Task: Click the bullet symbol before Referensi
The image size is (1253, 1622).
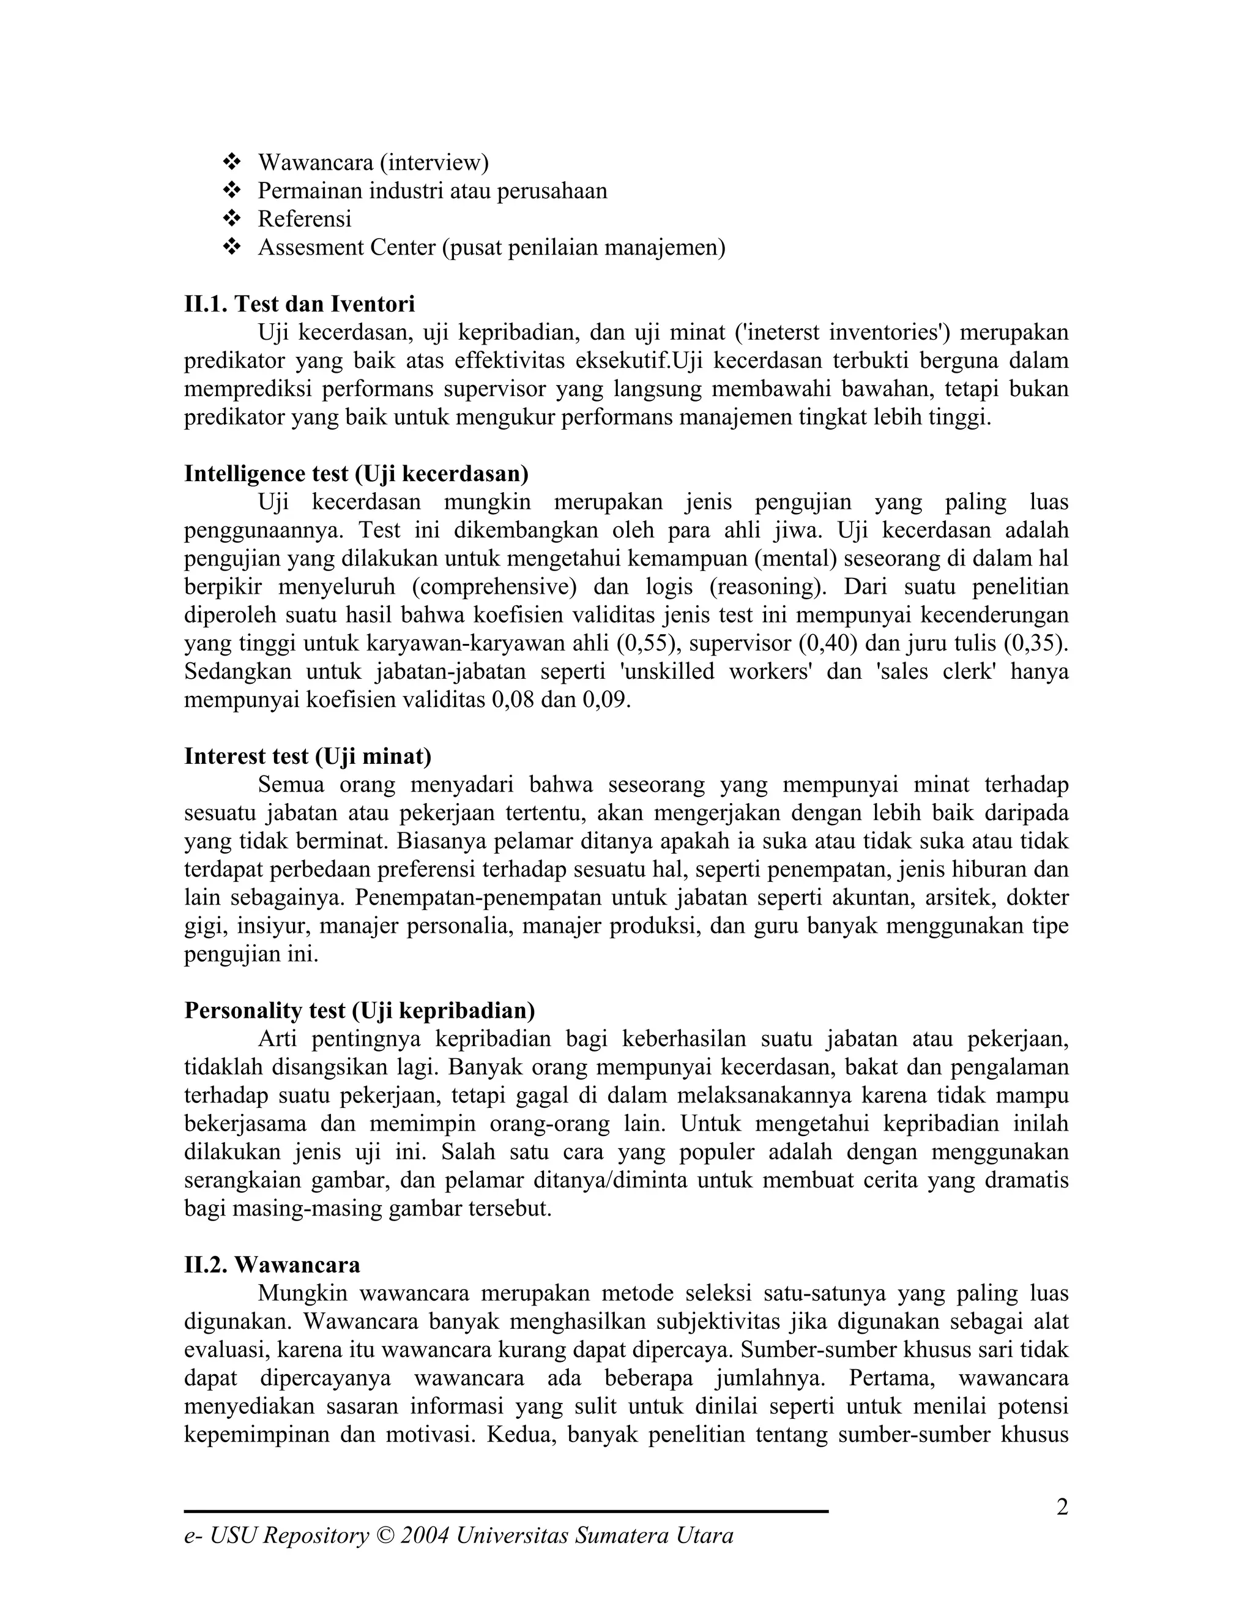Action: (x=232, y=219)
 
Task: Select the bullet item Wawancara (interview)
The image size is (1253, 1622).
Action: (x=373, y=162)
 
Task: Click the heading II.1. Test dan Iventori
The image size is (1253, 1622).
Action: (x=299, y=304)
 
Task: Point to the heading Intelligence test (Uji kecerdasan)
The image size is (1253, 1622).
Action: (x=356, y=473)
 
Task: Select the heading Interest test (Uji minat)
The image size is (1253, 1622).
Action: (x=307, y=756)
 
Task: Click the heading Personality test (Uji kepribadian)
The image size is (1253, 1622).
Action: (x=359, y=1010)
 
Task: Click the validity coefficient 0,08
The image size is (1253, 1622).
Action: (x=513, y=700)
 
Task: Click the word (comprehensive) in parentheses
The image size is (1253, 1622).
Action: (x=494, y=587)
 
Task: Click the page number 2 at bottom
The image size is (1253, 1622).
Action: (x=1062, y=1508)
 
